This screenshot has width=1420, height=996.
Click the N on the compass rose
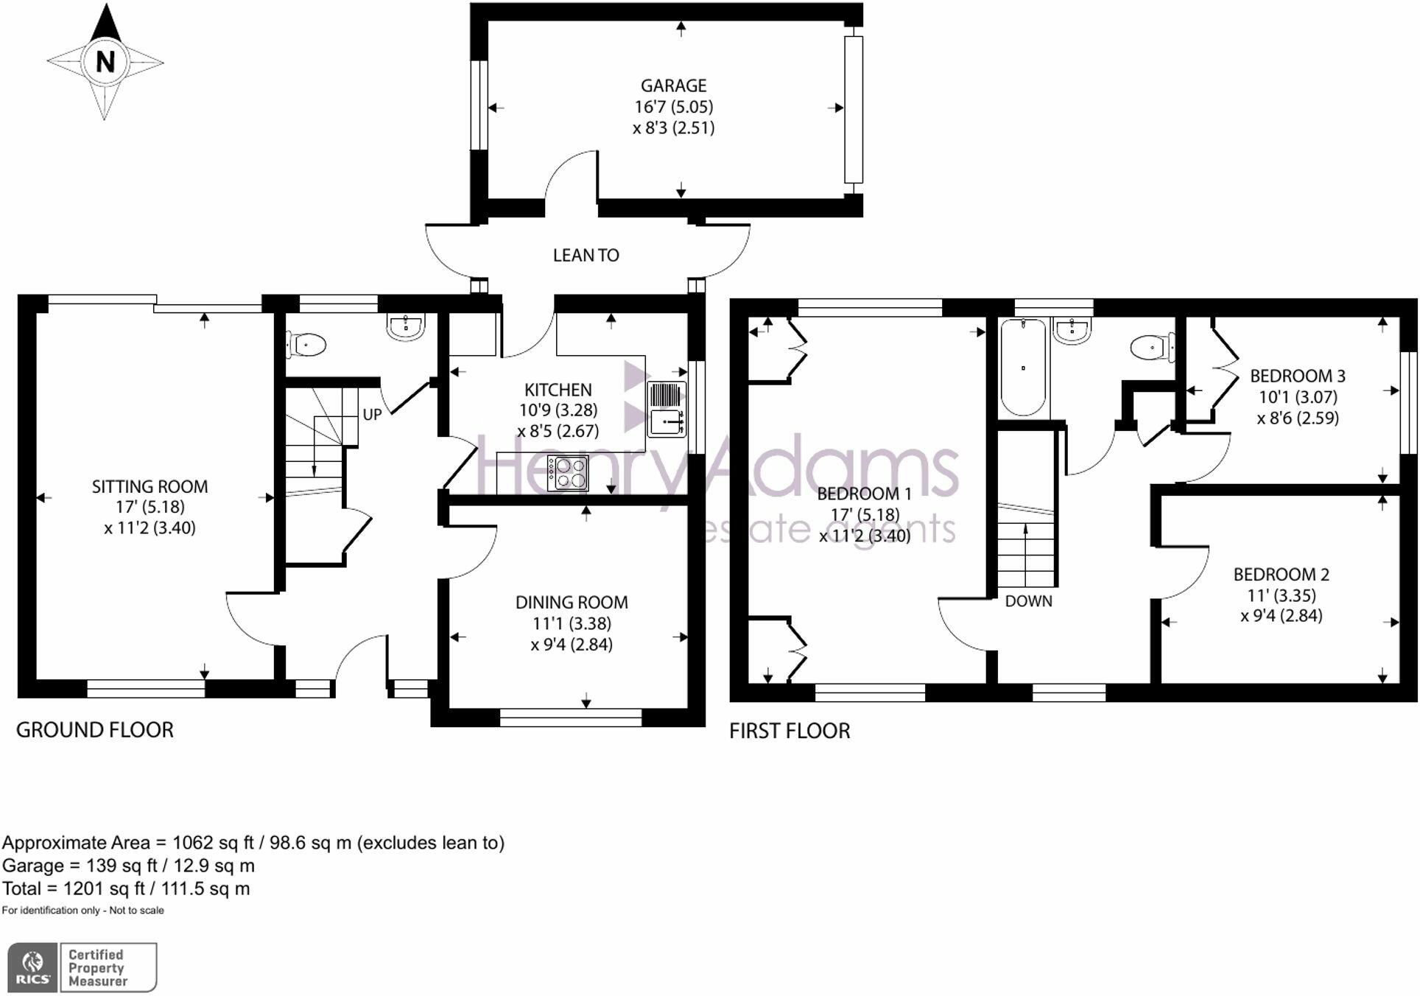click(105, 61)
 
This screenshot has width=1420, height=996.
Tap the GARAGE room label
click(673, 86)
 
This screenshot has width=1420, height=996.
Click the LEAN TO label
click(586, 256)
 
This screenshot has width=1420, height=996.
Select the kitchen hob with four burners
click(568, 474)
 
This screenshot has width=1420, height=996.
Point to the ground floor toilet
click(307, 345)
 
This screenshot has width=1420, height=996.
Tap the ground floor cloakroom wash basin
click(406, 327)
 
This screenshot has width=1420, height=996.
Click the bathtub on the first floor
click(1023, 367)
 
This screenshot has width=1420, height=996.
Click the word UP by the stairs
click(372, 415)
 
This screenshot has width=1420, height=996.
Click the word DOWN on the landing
click(1028, 601)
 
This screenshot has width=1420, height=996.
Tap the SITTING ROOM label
click(150, 487)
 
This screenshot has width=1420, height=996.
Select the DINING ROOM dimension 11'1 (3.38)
click(572, 624)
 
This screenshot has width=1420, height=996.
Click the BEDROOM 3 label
click(1297, 376)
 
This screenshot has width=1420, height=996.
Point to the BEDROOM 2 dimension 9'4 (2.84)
click(1282, 616)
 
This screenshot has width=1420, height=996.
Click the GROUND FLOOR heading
click(95, 730)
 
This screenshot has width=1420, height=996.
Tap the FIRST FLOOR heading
click(790, 731)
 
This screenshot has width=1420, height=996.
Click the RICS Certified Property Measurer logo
click(82, 967)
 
